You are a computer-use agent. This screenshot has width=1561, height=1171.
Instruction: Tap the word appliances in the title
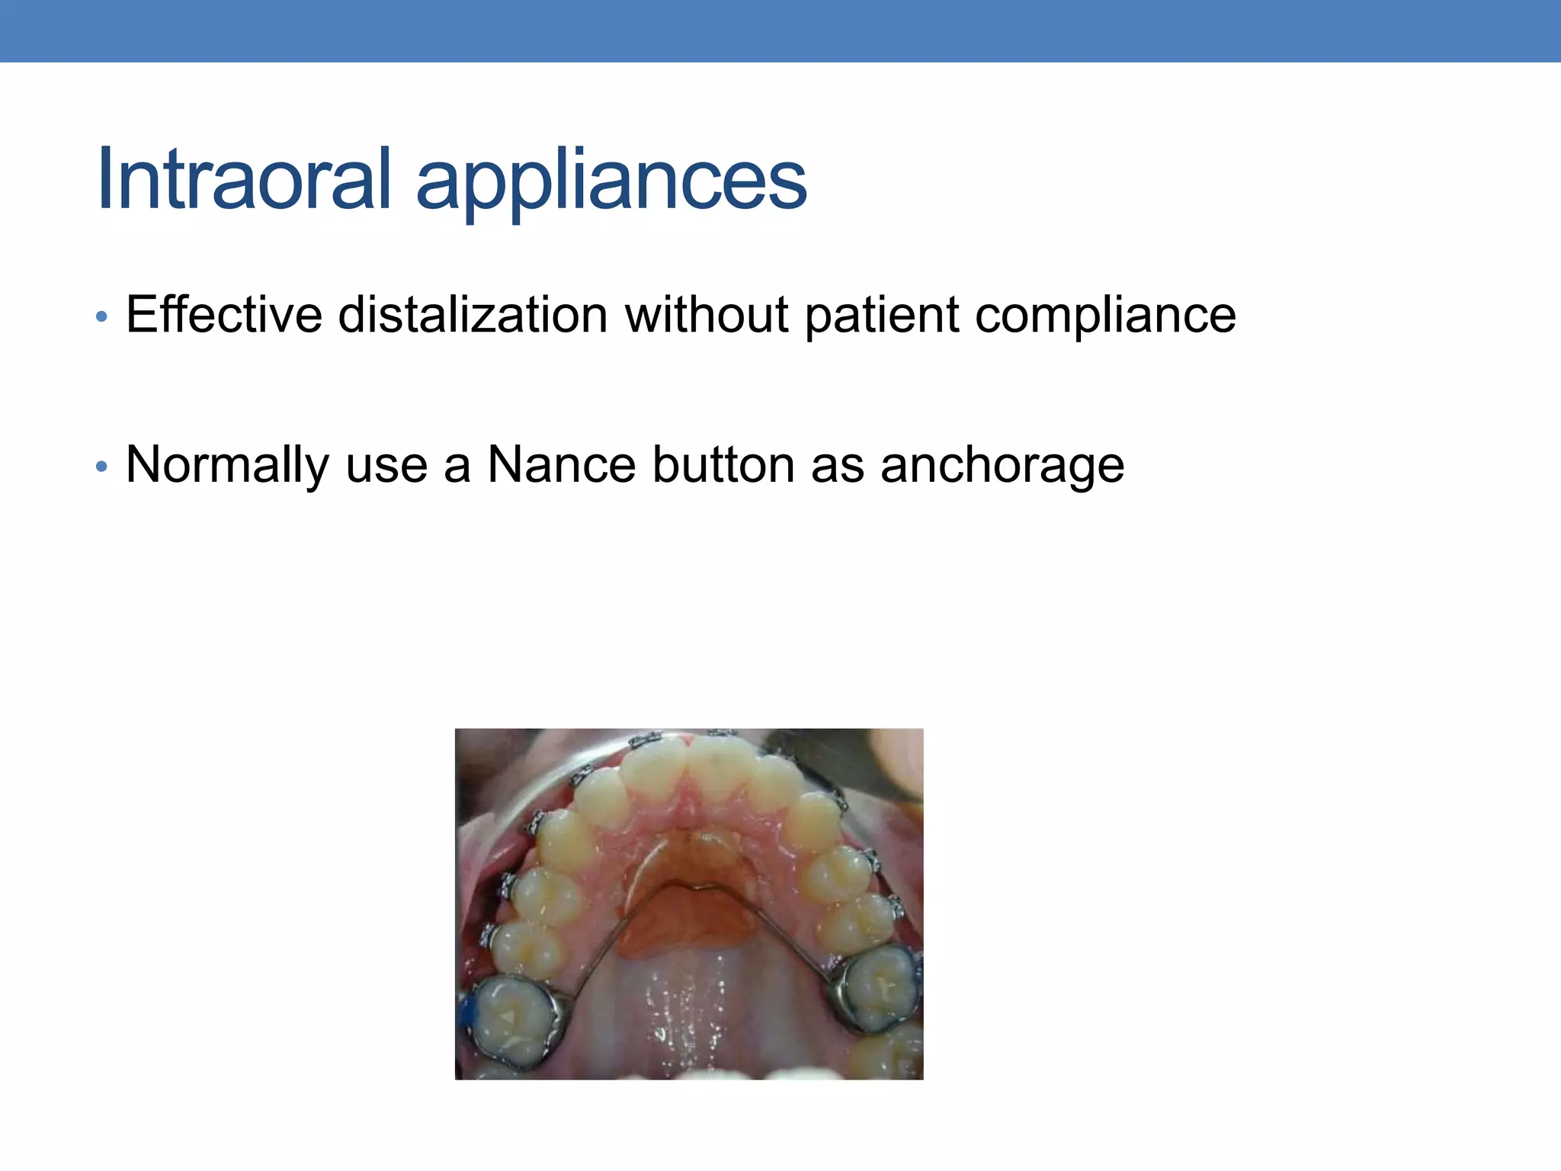(611, 183)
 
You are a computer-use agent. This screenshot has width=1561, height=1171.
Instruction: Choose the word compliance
(1105, 315)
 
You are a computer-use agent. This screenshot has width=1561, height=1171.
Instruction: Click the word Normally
(227, 465)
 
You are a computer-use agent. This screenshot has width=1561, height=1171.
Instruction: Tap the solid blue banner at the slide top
(780, 30)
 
